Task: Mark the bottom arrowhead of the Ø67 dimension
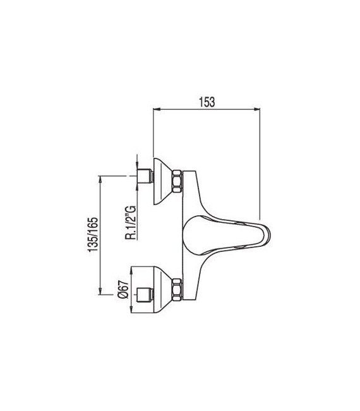click(132, 310)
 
